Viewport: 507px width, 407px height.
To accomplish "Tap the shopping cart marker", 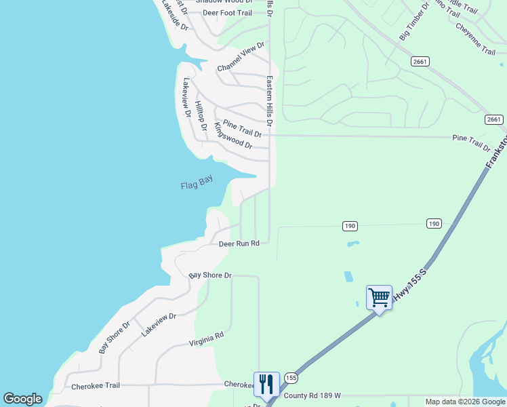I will (x=379, y=296).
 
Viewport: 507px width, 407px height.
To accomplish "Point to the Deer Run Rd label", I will (x=239, y=244).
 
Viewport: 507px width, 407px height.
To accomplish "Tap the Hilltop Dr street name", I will (x=200, y=115).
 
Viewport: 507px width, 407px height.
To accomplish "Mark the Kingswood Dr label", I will (x=232, y=136).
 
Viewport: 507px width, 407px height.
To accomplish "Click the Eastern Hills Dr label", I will (x=270, y=102).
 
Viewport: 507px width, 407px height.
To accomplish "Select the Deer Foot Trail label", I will (x=227, y=13).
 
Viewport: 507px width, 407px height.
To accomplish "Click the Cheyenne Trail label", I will (x=476, y=39).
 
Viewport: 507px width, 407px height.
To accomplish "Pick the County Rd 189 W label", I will (x=312, y=395).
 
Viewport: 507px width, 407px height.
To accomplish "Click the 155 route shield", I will (x=291, y=377).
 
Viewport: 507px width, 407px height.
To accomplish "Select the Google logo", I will (x=22, y=399).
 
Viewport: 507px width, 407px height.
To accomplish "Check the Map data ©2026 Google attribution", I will (x=465, y=402).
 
